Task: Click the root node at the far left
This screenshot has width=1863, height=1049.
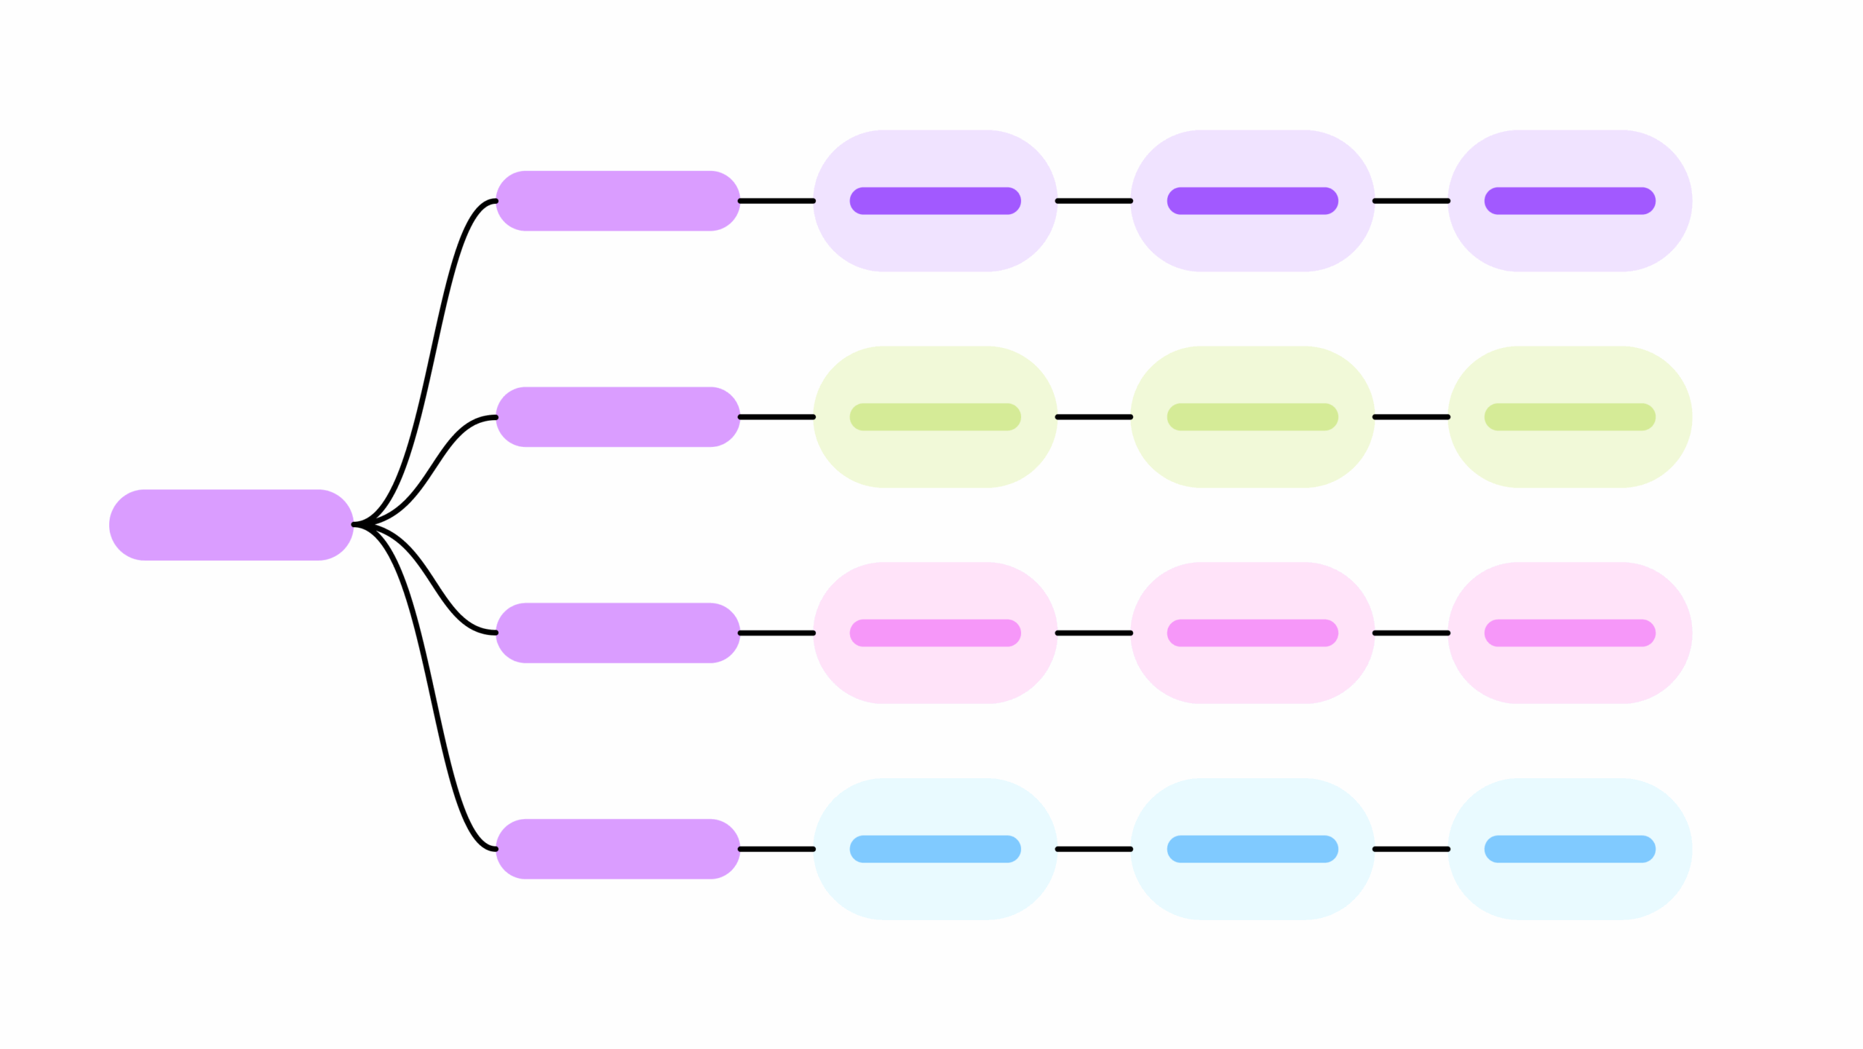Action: click(x=231, y=525)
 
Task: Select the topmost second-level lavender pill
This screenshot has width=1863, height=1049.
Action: click(x=617, y=201)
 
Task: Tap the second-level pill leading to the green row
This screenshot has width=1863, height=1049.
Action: click(x=617, y=417)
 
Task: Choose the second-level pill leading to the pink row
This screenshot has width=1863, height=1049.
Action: click(x=617, y=633)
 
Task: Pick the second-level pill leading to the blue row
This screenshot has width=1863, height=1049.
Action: click(x=617, y=849)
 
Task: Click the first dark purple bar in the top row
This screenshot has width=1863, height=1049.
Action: click(x=935, y=201)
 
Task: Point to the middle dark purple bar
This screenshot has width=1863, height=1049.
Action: click(x=1252, y=201)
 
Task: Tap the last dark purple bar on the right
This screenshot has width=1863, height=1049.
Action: click(x=1570, y=201)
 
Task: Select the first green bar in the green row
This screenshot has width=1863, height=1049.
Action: click(x=935, y=417)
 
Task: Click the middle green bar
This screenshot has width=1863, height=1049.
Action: click(x=1252, y=417)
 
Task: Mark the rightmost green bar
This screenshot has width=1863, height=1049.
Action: click(x=1570, y=417)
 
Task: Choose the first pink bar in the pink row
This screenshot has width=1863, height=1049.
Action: click(x=935, y=633)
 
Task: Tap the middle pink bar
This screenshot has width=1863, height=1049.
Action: click(x=1252, y=633)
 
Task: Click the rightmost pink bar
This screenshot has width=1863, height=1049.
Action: click(x=1570, y=633)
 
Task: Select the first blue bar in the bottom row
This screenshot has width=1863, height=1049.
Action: click(x=935, y=849)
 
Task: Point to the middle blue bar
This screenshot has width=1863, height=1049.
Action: click(x=1252, y=849)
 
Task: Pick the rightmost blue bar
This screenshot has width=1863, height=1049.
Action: click(x=1570, y=849)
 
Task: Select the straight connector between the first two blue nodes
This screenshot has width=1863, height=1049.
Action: click(x=1094, y=849)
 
